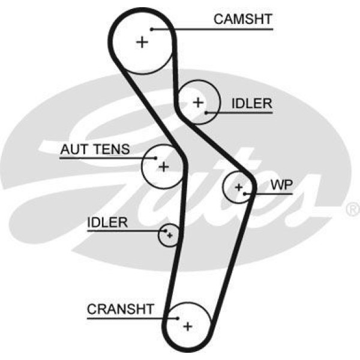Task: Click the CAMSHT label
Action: click(x=243, y=19)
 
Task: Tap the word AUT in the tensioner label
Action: click(x=72, y=149)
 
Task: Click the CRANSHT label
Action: click(x=121, y=310)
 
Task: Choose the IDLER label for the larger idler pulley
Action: click(x=251, y=104)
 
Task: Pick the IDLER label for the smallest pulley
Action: click(x=107, y=223)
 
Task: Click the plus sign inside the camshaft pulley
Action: click(x=142, y=42)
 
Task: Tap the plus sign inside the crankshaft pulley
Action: click(x=188, y=326)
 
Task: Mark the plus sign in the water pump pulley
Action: click(x=239, y=187)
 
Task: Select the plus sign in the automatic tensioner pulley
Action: click(x=163, y=166)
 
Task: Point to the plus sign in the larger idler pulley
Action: click(x=198, y=102)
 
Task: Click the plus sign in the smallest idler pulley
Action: click(x=170, y=235)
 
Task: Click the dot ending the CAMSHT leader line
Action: click(x=152, y=28)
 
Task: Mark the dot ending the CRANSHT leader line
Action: click(x=178, y=318)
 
